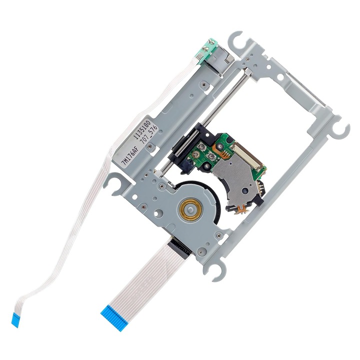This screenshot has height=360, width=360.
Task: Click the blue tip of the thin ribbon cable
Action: pos(15,319)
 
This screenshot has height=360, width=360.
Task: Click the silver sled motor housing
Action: pos(218,59)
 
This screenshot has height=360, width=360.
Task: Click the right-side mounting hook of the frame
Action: pos(340,128)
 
